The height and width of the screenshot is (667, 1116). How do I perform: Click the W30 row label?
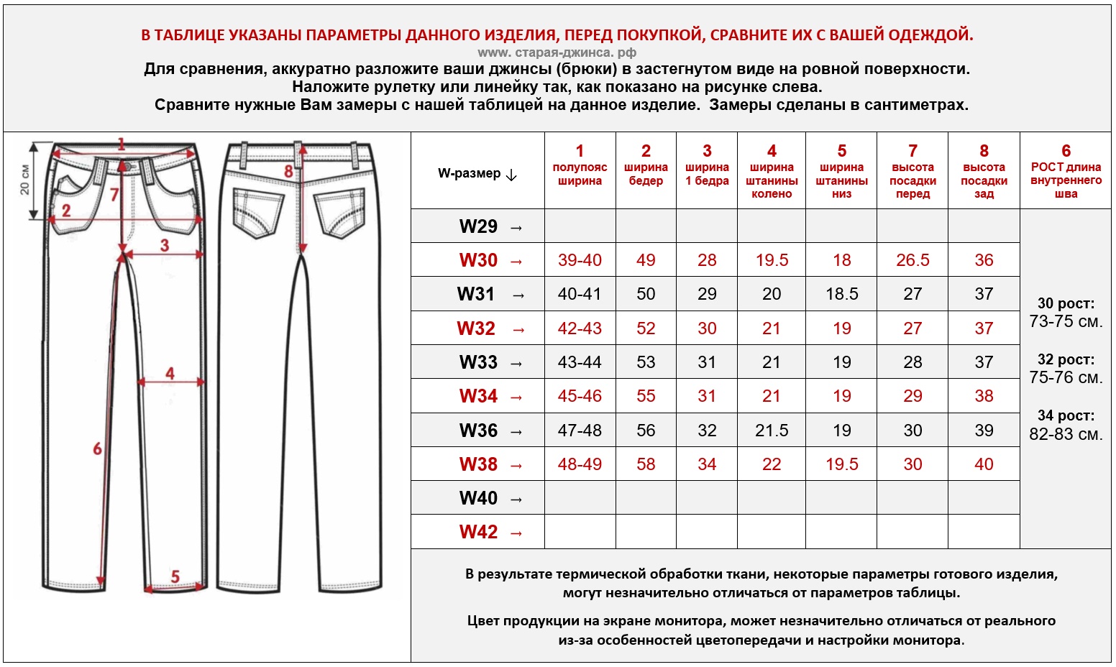pos(478,260)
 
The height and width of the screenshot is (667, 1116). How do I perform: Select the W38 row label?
pos(478,464)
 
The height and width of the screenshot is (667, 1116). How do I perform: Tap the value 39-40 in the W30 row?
pos(580,260)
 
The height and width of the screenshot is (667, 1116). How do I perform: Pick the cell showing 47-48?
pos(580,431)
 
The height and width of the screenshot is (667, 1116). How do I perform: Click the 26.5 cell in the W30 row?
pos(913,260)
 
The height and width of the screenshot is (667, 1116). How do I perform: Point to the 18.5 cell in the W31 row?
pos(841,294)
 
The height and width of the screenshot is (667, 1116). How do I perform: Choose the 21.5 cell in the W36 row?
pos(772,431)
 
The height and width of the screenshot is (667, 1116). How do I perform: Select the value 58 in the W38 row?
pos(646,464)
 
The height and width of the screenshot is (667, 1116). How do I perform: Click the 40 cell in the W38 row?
pos(984,464)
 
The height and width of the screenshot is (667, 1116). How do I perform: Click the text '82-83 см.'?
pos(1066,434)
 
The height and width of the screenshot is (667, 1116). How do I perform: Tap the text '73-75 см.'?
pos(1066,321)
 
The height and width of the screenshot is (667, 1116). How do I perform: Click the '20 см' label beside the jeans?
pos(25,180)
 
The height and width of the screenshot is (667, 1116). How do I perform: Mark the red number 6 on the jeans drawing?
pos(97,449)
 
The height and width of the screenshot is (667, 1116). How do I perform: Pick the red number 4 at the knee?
pos(170,373)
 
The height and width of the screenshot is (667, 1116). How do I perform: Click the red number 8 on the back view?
pos(288,171)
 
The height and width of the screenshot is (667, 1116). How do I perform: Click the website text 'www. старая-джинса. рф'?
pos(557,52)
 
